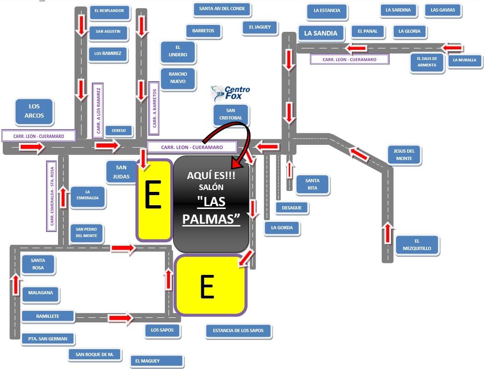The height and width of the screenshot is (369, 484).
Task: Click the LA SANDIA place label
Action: coord(321,33)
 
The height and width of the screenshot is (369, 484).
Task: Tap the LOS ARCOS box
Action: coord(34,111)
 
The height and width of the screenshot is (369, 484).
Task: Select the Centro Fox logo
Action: coord(230,93)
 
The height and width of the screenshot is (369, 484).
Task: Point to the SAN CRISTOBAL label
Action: coord(231,114)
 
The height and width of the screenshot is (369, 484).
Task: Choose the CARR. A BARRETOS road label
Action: coord(154,108)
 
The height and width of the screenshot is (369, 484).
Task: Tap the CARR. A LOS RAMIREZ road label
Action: coord(98,110)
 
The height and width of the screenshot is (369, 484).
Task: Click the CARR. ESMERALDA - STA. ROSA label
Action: coord(52,196)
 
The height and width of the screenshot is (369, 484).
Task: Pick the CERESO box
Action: coord(119,131)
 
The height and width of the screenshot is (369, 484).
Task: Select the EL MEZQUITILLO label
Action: coord(417,245)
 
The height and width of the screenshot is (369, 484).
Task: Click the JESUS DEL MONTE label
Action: coord(404,155)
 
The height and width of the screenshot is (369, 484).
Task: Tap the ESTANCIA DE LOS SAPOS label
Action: coord(238,331)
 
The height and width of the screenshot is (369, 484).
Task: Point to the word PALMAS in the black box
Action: coord(211,220)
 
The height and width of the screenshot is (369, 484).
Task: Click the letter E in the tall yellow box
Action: coord(153,195)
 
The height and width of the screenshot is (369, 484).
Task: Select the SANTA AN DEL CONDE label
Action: coord(222,9)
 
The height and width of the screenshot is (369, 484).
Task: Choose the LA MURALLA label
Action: coord(465,60)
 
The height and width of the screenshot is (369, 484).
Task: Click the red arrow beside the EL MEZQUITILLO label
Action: coord(388,233)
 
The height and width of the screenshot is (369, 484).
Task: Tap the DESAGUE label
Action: coord(292,208)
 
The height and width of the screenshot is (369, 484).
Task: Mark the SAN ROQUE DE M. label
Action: coord(95,355)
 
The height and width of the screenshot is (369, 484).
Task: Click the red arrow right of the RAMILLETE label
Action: coord(121,318)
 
